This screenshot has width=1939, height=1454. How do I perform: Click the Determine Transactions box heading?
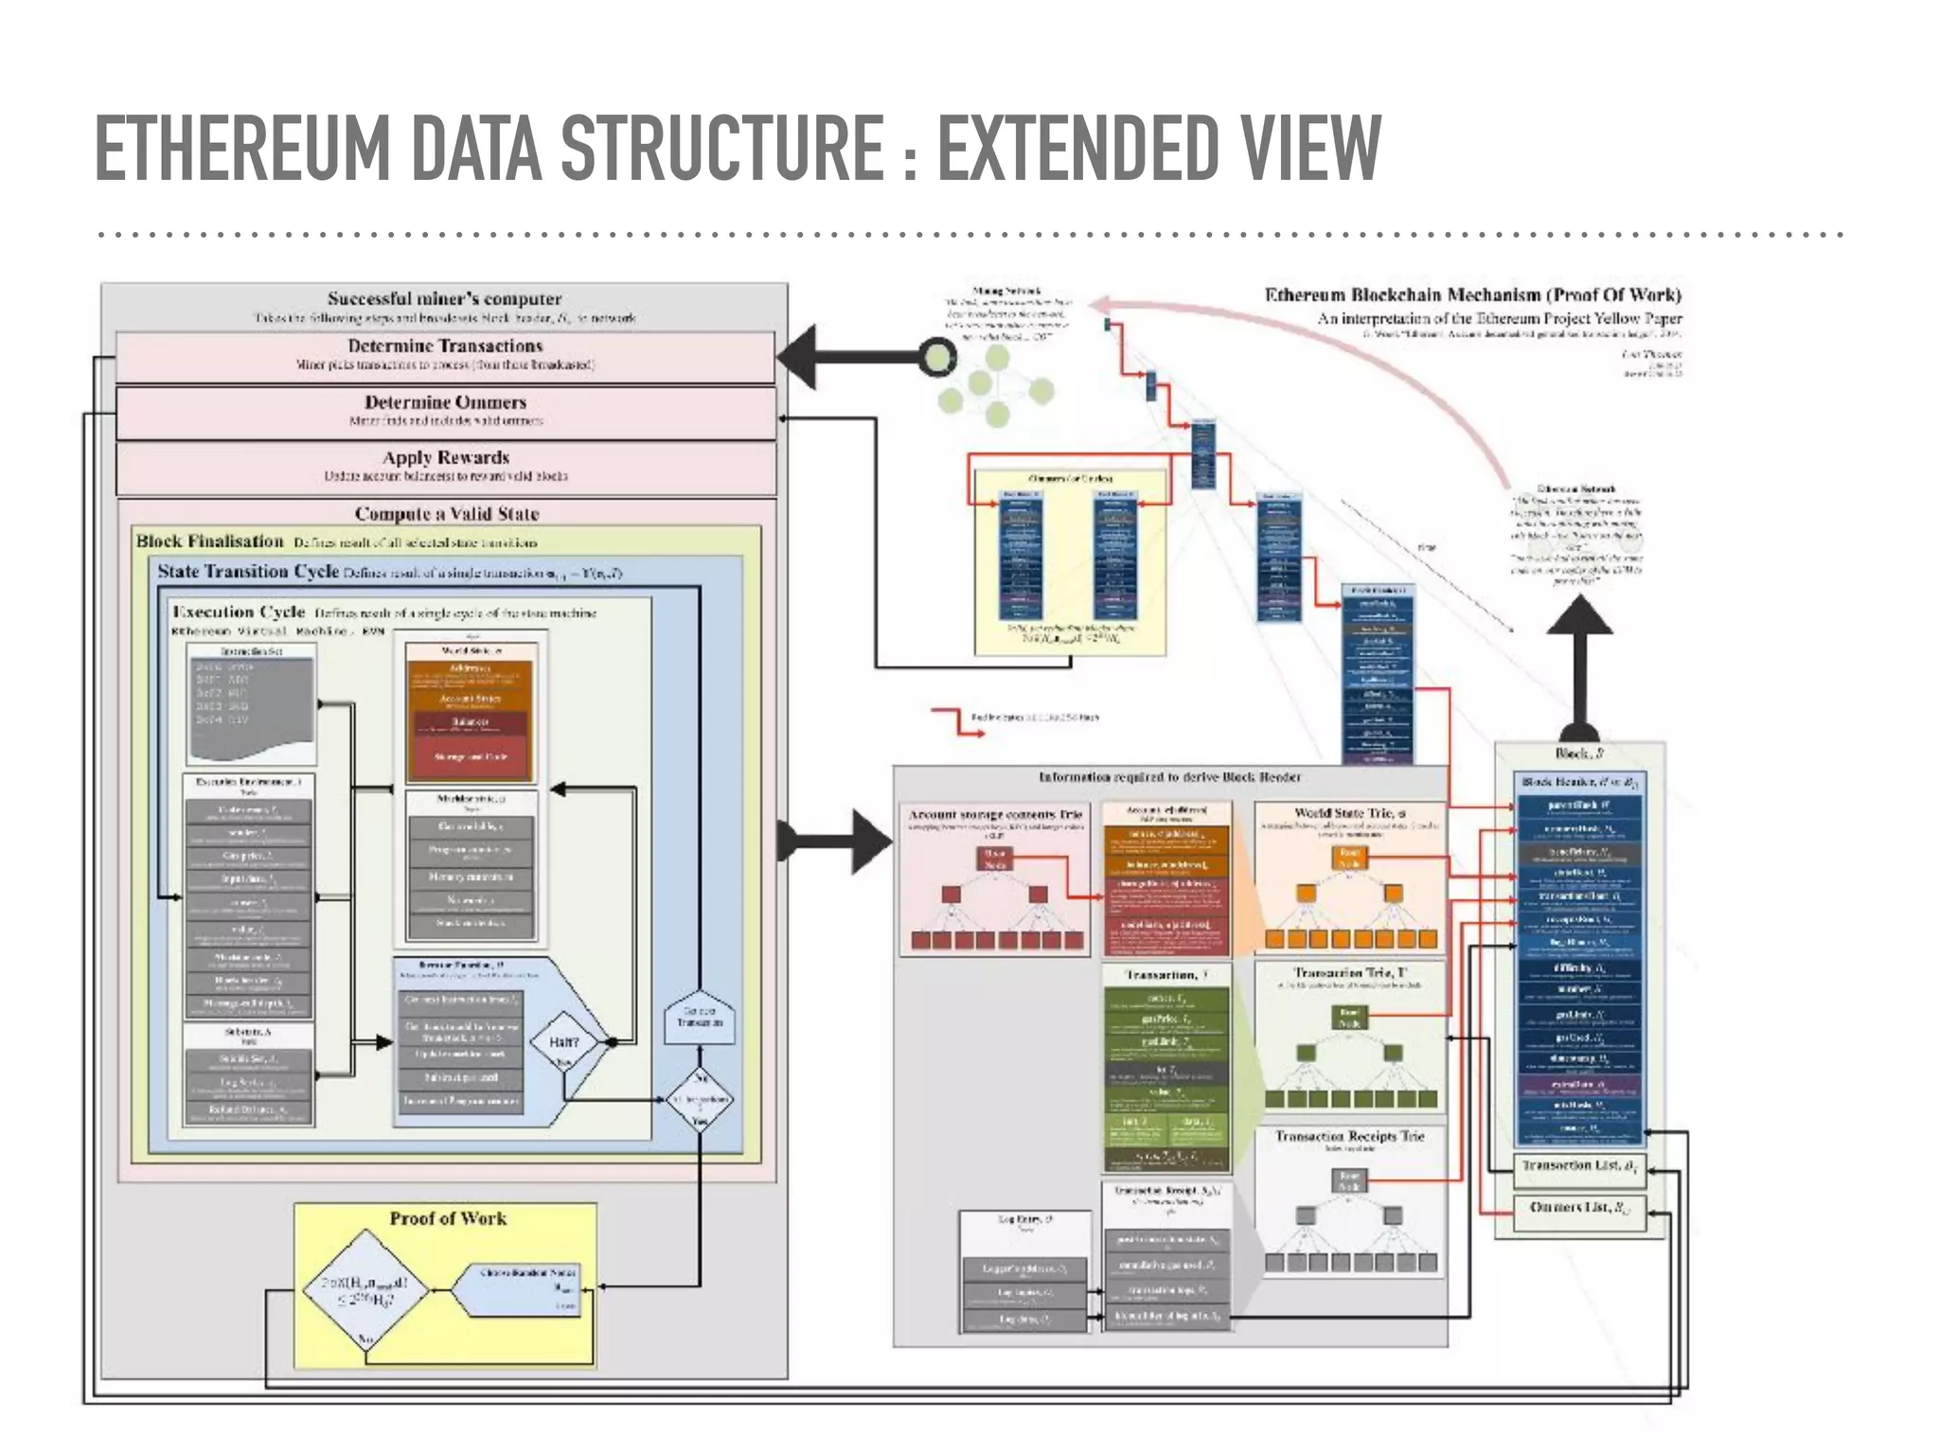tap(445, 346)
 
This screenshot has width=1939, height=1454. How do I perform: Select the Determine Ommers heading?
tap(445, 402)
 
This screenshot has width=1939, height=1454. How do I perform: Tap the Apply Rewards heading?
tap(445, 458)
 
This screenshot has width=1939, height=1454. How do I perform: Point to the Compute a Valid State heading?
tap(447, 514)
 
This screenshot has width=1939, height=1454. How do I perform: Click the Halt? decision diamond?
tap(564, 1043)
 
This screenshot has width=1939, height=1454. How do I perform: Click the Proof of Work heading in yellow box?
tap(448, 1219)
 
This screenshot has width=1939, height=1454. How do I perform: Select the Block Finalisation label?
tap(210, 541)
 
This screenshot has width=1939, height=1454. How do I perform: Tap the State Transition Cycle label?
tap(248, 572)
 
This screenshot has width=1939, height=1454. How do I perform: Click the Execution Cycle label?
tap(239, 612)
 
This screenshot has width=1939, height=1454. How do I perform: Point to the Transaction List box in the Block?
tap(1579, 1167)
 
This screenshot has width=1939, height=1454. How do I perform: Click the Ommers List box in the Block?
tap(1579, 1209)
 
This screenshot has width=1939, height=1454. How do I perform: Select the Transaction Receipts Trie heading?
tap(1349, 1136)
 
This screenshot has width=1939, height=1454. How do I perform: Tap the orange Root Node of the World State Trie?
tap(1349, 858)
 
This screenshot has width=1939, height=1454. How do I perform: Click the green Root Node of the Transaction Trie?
tap(1349, 1018)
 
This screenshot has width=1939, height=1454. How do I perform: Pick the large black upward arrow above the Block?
tap(1579, 663)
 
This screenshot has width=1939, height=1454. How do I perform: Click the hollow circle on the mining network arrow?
tap(936, 357)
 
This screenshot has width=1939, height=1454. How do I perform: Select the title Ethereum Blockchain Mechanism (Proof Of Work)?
tap(1472, 295)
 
